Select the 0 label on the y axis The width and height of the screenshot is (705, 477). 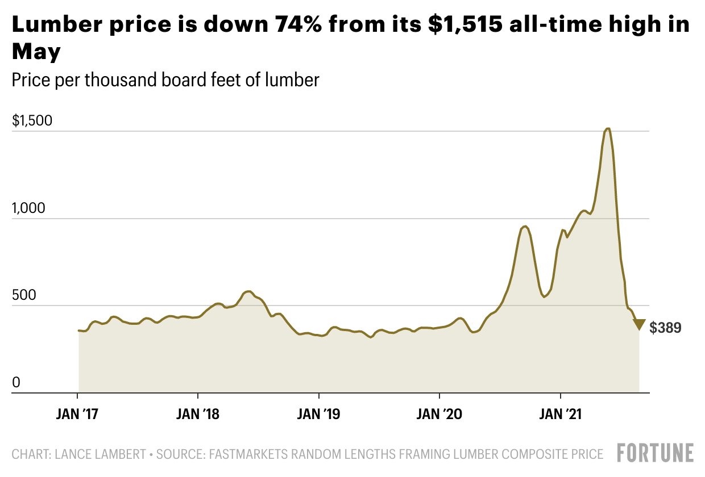[16, 383]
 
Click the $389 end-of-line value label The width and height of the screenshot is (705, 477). [665, 328]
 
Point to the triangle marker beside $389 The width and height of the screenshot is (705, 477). [639, 324]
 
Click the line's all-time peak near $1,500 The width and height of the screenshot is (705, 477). [608, 129]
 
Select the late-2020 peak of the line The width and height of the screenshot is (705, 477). [525, 227]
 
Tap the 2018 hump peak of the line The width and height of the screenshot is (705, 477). [248, 291]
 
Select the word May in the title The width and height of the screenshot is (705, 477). [36, 52]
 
